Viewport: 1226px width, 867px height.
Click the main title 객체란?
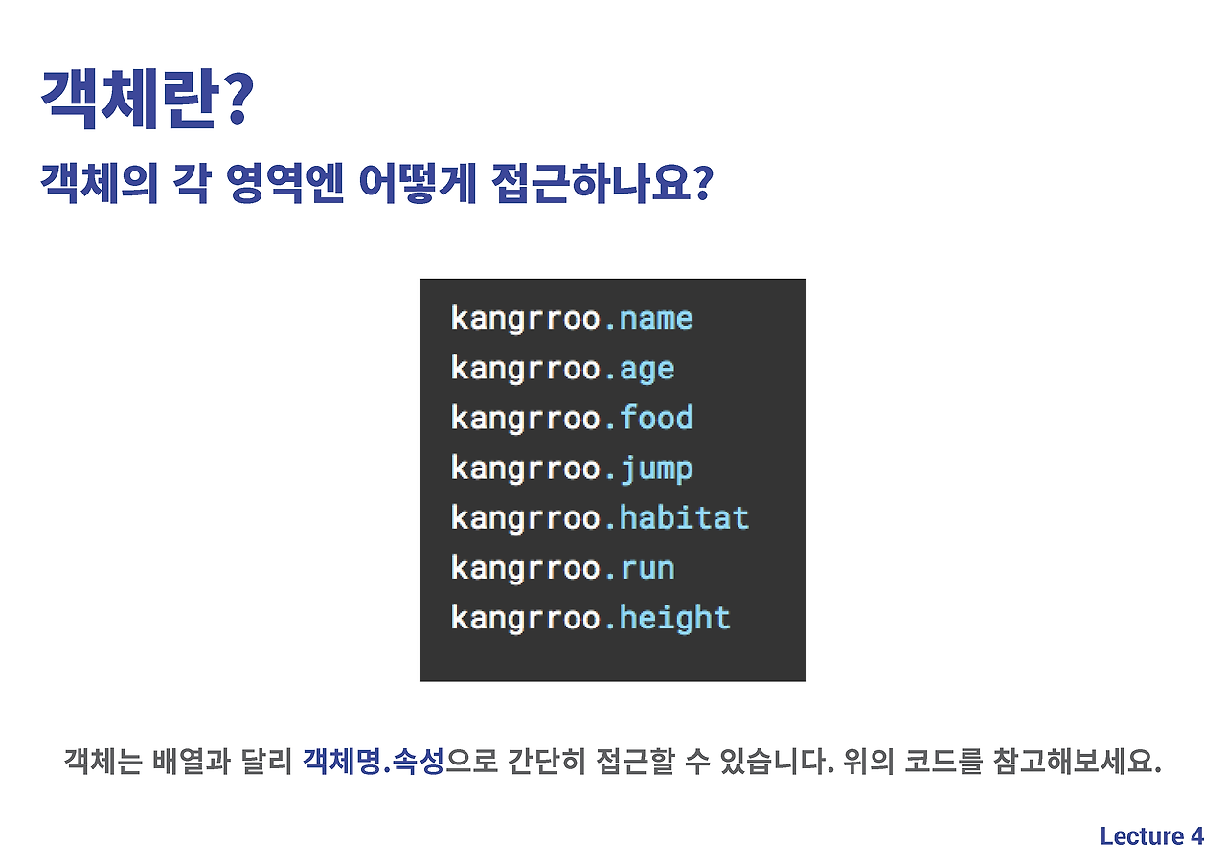(146, 99)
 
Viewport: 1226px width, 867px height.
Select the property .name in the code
(648, 318)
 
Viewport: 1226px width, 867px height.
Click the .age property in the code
(640, 369)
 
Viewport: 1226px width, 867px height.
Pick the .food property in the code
(648, 419)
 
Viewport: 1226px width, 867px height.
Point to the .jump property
(648, 469)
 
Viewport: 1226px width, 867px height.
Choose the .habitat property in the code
(676, 518)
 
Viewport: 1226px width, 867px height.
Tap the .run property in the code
(640, 568)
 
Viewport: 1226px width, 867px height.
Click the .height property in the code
(667, 618)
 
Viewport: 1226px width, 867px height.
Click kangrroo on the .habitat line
(525, 518)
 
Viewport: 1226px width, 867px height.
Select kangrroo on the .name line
(525, 318)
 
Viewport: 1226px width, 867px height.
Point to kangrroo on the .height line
(525, 618)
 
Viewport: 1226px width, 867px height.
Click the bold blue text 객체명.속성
(374, 763)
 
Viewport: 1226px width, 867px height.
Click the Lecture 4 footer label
(1151, 836)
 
